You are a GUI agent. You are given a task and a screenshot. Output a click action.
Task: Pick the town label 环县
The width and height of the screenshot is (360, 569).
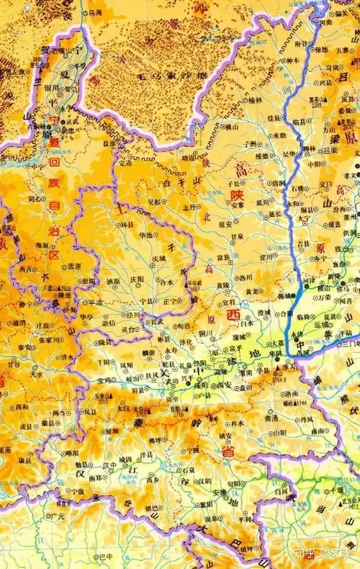pos(127,225)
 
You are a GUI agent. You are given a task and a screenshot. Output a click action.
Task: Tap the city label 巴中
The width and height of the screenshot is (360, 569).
pos(106,556)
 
